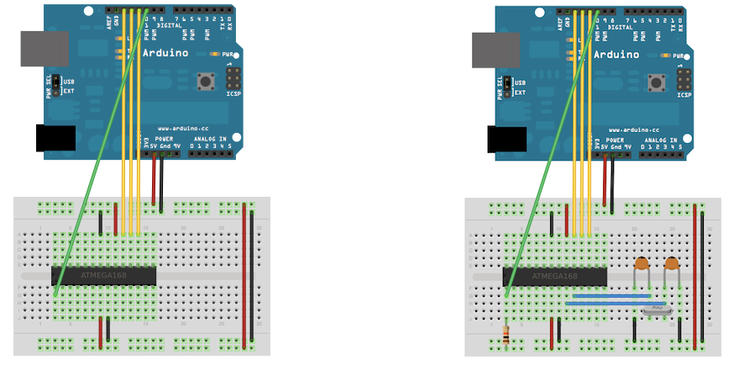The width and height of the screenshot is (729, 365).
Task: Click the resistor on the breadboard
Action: (x=505, y=334)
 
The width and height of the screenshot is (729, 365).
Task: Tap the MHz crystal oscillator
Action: (x=657, y=309)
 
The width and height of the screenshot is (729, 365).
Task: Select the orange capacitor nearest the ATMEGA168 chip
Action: (x=642, y=264)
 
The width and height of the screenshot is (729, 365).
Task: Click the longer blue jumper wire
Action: (x=617, y=303)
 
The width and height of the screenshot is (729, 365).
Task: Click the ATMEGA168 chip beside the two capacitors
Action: (x=554, y=276)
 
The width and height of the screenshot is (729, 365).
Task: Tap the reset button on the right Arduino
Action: (x=657, y=82)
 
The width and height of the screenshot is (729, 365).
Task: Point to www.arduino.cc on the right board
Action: (x=632, y=130)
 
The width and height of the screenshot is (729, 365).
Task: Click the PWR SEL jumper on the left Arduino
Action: (x=58, y=85)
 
